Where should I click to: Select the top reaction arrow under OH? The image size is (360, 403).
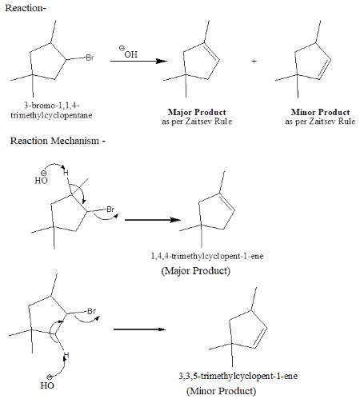(x=138, y=61)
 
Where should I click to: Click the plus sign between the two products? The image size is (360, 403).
(x=253, y=62)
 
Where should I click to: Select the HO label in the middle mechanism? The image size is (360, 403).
(x=41, y=180)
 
